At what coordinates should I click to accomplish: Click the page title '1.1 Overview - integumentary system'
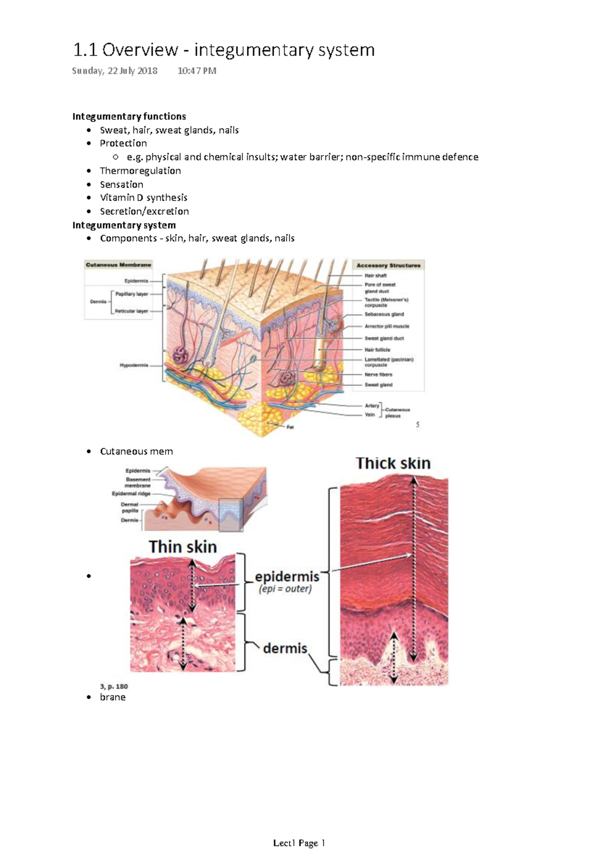click(223, 50)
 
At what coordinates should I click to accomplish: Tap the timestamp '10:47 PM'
click(197, 71)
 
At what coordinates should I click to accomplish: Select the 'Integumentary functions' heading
click(129, 117)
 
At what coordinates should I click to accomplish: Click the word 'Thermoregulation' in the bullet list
click(140, 171)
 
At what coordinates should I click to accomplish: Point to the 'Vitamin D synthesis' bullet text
click(143, 198)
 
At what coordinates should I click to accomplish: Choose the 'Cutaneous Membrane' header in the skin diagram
click(118, 265)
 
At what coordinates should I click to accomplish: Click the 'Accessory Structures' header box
click(388, 265)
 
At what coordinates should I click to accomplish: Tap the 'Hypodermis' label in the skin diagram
click(133, 365)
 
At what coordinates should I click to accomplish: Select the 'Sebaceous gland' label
click(384, 314)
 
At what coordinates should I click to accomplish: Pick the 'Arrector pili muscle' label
click(386, 326)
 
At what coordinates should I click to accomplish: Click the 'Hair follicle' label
click(377, 350)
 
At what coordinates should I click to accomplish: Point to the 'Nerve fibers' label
click(378, 374)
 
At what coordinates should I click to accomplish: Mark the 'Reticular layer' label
click(131, 311)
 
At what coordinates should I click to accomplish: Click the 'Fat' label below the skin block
click(290, 427)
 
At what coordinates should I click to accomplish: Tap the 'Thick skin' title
click(393, 463)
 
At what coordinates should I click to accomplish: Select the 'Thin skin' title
click(182, 547)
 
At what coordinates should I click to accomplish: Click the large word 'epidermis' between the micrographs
click(287, 577)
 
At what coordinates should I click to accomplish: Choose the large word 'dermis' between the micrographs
click(285, 648)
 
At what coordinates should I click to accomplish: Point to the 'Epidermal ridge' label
click(131, 494)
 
